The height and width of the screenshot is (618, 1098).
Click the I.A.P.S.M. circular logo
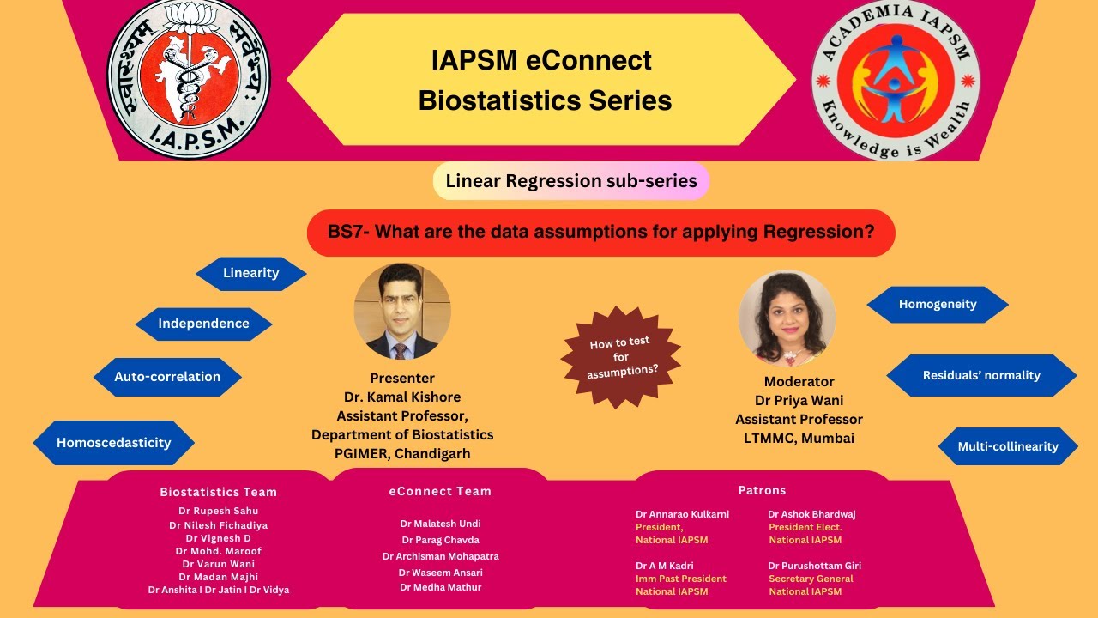[x=188, y=79]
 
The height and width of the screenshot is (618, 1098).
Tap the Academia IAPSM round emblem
[x=896, y=80]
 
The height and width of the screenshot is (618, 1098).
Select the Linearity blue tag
[x=250, y=273]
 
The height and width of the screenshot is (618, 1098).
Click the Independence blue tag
[x=203, y=324]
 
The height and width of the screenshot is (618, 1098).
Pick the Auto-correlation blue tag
[x=167, y=376]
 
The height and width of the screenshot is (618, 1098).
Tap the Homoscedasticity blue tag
[x=114, y=443]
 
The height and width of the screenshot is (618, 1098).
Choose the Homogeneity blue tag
[x=938, y=304]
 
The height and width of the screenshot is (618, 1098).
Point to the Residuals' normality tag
[x=981, y=375]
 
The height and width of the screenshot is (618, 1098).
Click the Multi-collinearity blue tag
[x=1007, y=446]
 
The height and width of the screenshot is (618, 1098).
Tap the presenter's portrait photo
[x=402, y=311]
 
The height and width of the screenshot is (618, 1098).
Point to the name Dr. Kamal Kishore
[x=402, y=397]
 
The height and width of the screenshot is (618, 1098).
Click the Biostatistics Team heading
[x=218, y=492]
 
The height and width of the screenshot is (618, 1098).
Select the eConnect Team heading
[x=440, y=491]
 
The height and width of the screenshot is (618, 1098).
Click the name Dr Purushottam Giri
[x=814, y=566]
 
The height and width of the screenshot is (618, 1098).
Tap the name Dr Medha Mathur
[x=440, y=587]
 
